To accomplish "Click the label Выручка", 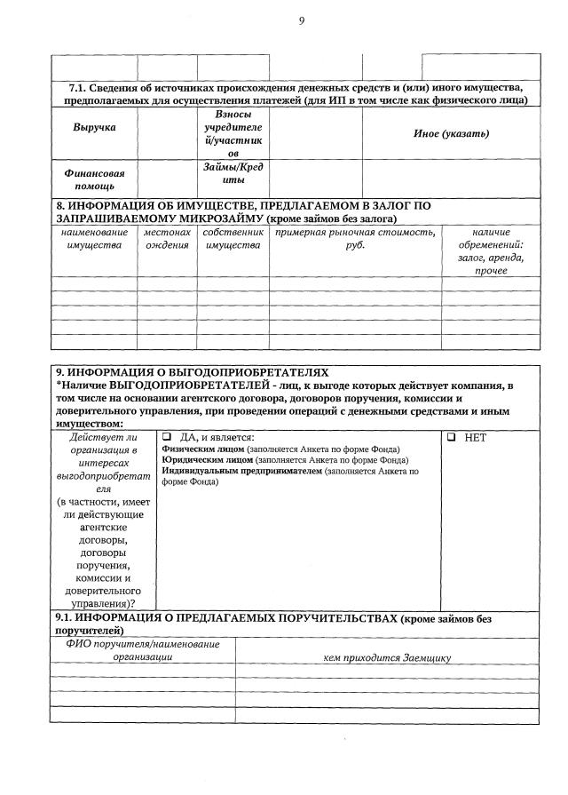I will [94, 127].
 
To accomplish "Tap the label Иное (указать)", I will [451, 133].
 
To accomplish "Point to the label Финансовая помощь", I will [93, 180].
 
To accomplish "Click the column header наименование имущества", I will [94, 238].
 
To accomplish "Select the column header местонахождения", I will [167, 238].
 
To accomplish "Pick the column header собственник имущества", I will [233, 238].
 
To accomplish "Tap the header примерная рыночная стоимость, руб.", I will [355, 238].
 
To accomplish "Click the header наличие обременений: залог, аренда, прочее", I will [491, 250].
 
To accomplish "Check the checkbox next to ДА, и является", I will [166, 438].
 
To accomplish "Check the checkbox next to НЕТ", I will [452, 438].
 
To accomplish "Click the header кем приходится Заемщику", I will [389, 657].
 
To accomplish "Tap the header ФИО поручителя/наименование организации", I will [142, 650].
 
